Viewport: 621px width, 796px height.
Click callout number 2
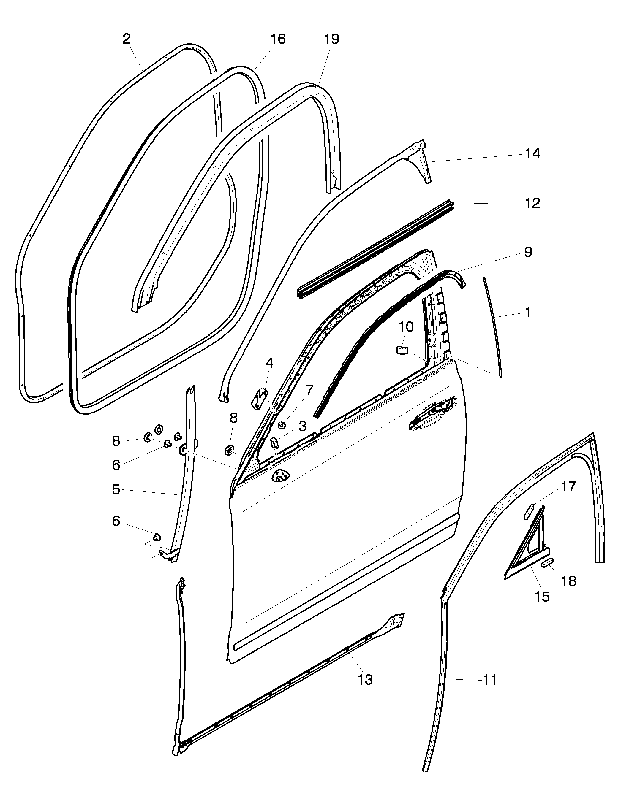point(127,39)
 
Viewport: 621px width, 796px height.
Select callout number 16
point(278,39)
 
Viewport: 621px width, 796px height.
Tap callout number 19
point(331,39)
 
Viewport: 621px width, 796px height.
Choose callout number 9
point(528,252)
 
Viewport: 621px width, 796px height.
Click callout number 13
point(365,679)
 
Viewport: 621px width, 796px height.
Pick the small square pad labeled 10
point(402,350)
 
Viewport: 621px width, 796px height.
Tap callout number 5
point(116,490)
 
